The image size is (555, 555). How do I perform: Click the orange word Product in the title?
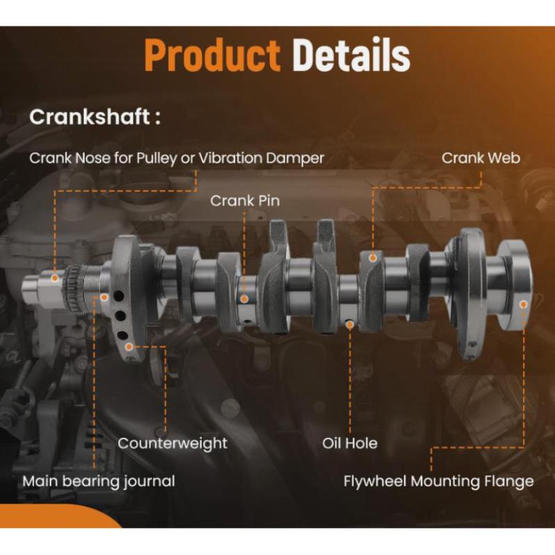coord(212,55)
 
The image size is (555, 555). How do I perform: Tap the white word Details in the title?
coord(351,55)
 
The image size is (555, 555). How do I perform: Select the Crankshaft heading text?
coord(95,117)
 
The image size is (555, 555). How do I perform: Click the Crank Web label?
coord(481,158)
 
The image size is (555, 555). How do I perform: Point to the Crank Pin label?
coord(245,200)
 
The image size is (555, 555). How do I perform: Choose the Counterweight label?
coord(172,444)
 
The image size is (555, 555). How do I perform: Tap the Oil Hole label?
coord(350,443)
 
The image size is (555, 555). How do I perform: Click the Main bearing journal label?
coord(99,481)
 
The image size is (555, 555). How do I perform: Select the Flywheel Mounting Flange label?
coord(438,481)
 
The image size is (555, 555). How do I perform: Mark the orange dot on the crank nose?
coord(55,278)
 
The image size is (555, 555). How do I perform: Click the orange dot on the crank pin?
coord(244,299)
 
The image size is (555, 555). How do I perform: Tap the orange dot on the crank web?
coord(373,258)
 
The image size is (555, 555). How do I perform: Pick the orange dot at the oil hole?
coord(350,324)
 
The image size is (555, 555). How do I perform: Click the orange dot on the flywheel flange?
coord(524,305)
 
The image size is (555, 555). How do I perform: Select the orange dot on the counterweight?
coord(129,347)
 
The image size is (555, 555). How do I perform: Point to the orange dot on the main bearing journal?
coord(103,298)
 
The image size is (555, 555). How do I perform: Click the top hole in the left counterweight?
coord(119,296)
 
